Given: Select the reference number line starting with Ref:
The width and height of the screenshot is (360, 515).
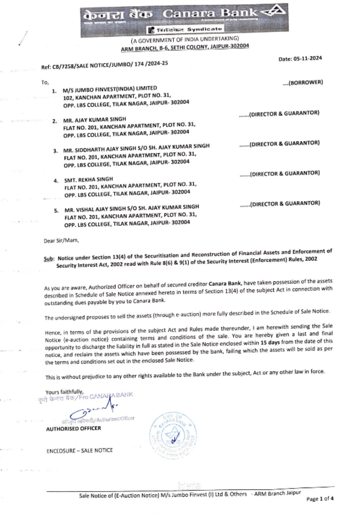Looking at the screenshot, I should point(104,65).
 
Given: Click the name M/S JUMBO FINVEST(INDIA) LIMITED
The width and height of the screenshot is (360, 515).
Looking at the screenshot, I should point(110,89).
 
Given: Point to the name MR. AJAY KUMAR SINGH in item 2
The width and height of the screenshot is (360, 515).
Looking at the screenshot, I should point(95,119).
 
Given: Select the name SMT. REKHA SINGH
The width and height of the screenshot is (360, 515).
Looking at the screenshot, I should point(89,179).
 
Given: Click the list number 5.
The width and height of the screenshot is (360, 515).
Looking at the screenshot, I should point(56,211).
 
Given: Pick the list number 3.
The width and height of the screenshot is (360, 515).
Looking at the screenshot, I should point(55,151).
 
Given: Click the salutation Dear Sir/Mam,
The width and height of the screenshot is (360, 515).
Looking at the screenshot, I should point(61,240).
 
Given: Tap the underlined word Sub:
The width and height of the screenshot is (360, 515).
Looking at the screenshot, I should point(49,258).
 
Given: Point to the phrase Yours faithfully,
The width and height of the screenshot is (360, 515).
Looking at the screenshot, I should point(64,392).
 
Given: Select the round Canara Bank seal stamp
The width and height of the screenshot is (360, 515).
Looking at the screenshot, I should point(173,435).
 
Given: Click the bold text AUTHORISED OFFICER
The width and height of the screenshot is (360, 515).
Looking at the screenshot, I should point(73,429).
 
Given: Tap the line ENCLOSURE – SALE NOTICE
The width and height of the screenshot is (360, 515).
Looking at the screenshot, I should point(80,451).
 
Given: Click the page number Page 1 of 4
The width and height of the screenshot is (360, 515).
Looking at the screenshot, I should point(320,499).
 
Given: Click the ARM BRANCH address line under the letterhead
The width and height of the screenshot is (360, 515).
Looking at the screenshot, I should point(185,48).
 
